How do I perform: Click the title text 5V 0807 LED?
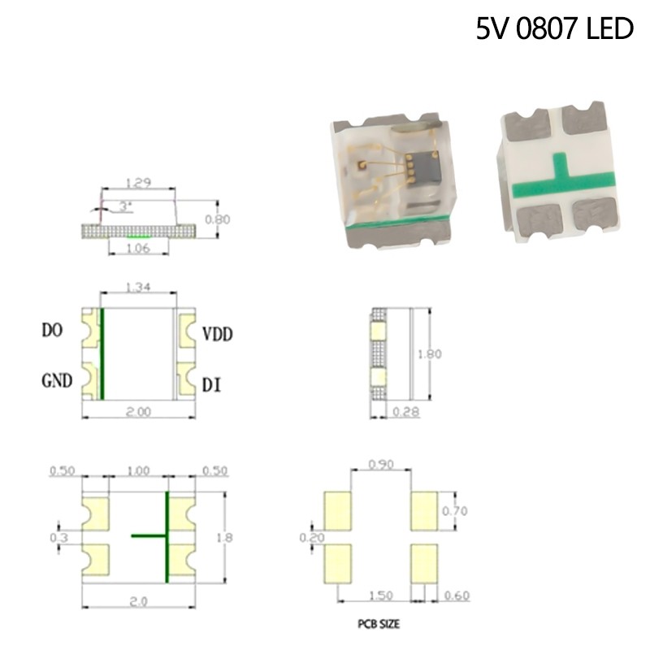click(x=554, y=29)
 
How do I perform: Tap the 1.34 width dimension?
click(x=138, y=287)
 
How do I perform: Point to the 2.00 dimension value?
click(x=139, y=412)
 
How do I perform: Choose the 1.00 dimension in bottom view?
click(x=138, y=470)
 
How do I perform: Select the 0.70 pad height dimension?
click(x=455, y=511)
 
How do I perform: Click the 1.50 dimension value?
click(x=380, y=596)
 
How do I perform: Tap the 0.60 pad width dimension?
click(x=456, y=596)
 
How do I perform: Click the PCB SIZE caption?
click(x=378, y=625)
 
